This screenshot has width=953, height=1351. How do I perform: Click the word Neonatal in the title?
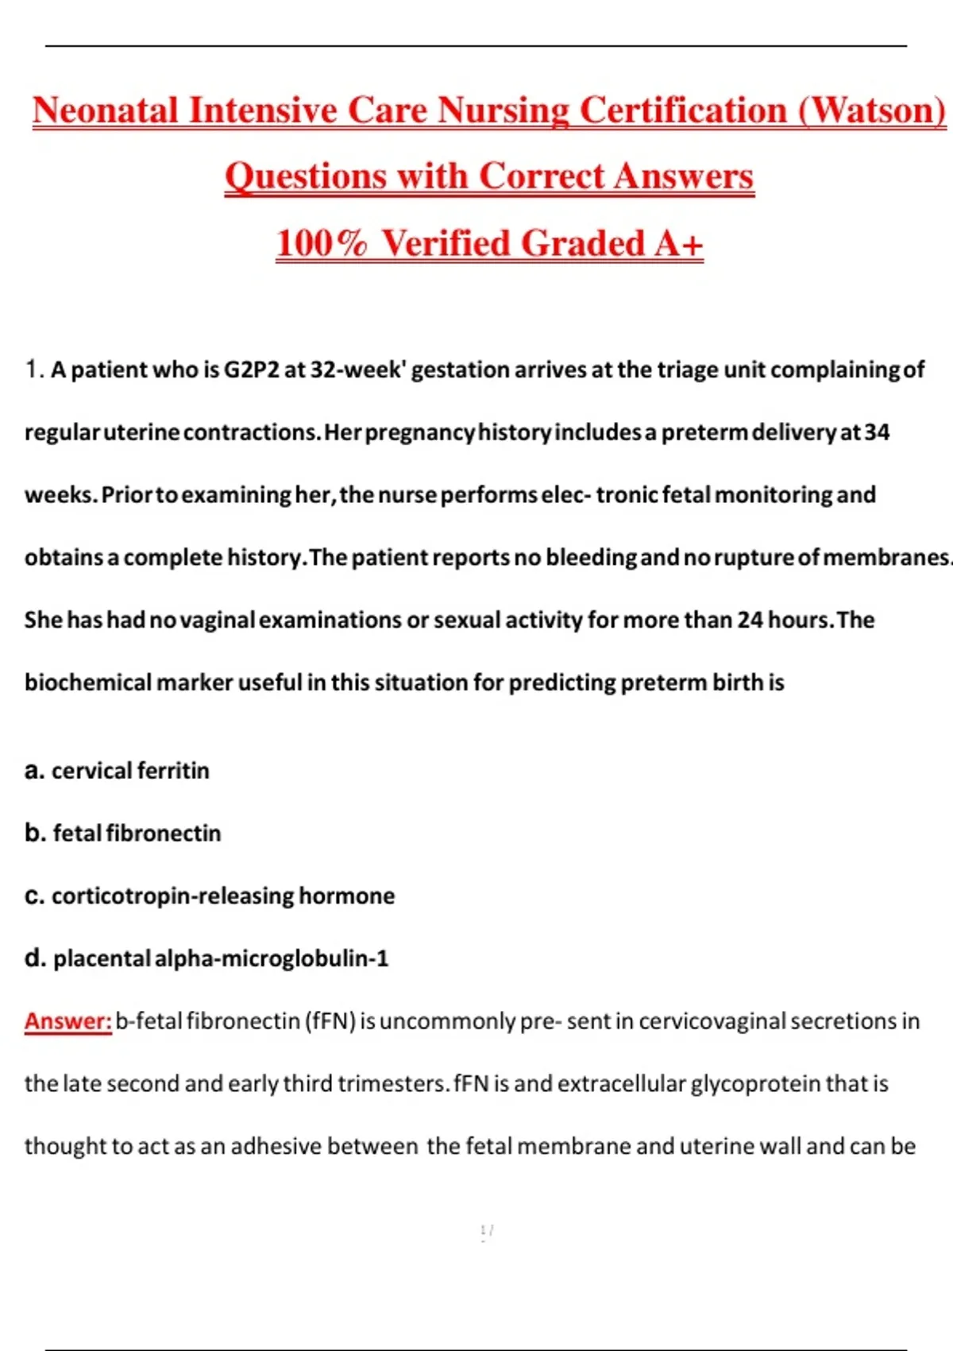[x=105, y=110]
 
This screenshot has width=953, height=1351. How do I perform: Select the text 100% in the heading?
[x=321, y=243]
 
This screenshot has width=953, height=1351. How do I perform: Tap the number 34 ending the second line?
[x=877, y=432]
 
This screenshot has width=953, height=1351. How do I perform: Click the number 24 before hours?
[x=750, y=620]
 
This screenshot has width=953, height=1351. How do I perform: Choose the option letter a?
[x=33, y=771]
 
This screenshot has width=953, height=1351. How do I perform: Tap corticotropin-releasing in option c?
[x=173, y=896]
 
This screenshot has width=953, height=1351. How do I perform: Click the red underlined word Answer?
[x=68, y=1021]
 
